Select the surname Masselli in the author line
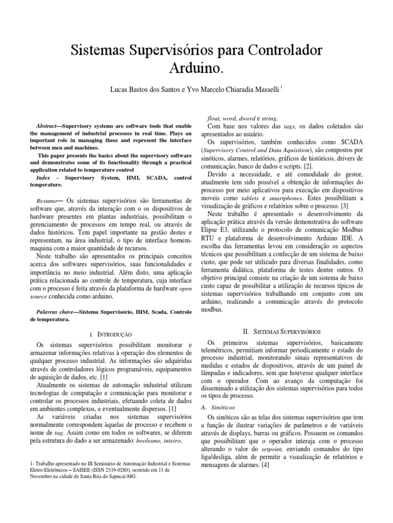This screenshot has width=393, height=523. [263, 89]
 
